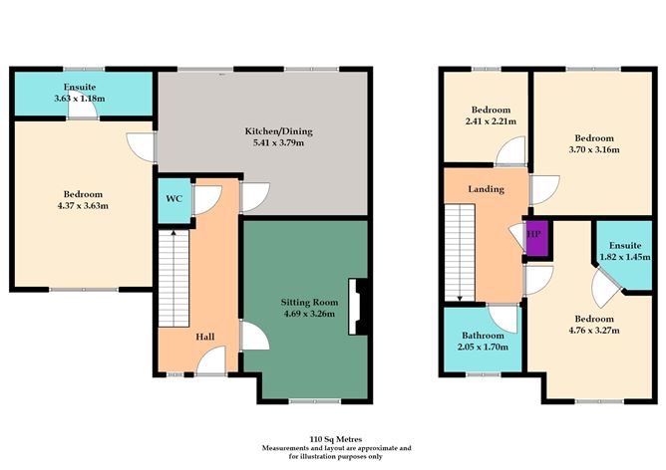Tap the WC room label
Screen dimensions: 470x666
pos(173,199)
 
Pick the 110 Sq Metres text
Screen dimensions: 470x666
pos(334,438)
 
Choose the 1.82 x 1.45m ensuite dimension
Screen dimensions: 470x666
pos(625,256)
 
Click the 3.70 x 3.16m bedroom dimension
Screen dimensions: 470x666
pos(594,150)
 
